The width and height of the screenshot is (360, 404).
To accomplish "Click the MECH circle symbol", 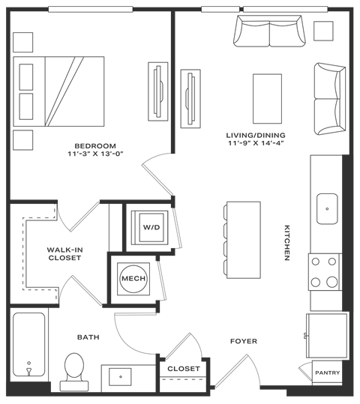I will click(x=133, y=279).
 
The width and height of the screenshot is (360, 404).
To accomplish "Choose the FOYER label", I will click(x=244, y=342).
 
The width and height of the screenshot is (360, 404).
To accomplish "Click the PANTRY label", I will click(x=328, y=373).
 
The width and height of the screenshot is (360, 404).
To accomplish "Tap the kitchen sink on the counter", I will click(x=327, y=208).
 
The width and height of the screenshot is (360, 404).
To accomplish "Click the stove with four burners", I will click(x=325, y=271).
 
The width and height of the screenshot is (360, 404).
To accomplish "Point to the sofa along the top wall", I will click(x=268, y=31).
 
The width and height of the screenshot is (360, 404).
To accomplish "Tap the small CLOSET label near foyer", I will click(x=183, y=369).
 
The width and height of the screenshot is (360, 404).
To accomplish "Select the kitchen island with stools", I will click(x=239, y=237).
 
